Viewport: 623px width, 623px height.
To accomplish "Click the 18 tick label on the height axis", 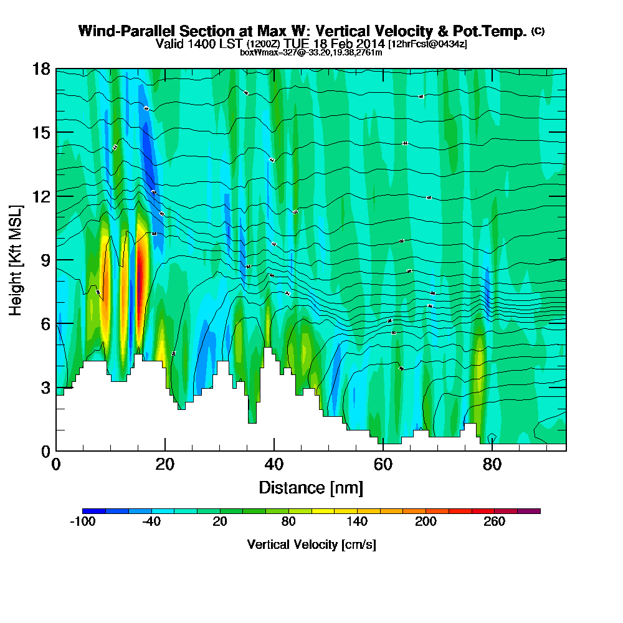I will [40, 69].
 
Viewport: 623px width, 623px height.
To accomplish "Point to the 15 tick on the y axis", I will [40, 133].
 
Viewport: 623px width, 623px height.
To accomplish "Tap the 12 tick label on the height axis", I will [40, 196].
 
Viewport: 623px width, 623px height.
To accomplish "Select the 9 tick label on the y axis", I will [44, 260].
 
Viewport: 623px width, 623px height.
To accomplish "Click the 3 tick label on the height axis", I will [44, 388].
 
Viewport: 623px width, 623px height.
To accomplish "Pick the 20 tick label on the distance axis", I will [165, 465].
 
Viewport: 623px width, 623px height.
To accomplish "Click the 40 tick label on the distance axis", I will [274, 465].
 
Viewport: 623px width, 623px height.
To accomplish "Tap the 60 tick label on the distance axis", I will [383, 465].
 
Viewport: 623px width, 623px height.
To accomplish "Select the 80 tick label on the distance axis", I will [492, 465].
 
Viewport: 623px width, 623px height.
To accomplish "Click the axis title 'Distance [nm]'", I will [311, 487].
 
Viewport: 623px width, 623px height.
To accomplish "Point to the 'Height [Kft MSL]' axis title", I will [16, 260].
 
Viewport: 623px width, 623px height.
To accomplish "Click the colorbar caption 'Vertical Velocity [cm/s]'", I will [311, 545].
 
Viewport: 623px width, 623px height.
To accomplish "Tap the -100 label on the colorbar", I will [82, 522].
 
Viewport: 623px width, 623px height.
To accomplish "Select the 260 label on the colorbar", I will [495, 522].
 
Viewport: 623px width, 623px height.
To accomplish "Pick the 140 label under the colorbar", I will [357, 522].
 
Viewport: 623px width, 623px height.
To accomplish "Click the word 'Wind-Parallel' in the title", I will [124, 31].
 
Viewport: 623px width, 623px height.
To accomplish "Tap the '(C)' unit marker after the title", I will [538, 31].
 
